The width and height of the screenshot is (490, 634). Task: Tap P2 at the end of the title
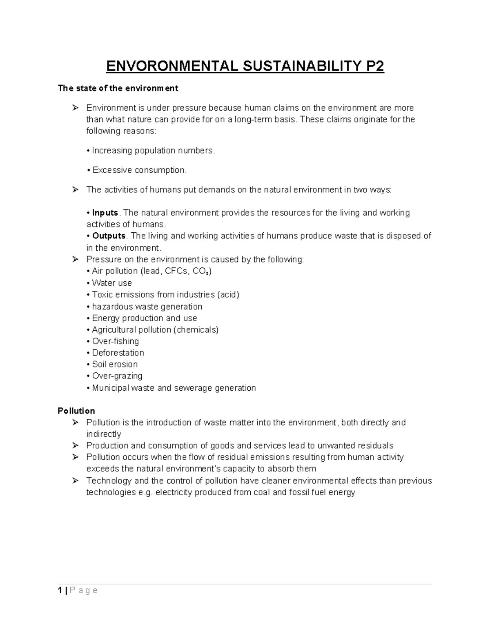coord(373,66)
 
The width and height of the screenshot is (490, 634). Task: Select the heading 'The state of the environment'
coord(118,88)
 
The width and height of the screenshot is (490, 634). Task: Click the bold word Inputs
coord(105,213)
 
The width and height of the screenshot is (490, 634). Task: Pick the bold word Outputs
coord(109,236)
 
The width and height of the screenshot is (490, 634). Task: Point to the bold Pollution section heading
coord(76,411)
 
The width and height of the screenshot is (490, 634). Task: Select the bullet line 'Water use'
coord(111,283)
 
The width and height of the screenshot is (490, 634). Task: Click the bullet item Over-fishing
coord(115,341)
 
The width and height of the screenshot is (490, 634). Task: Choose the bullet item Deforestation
coord(118,353)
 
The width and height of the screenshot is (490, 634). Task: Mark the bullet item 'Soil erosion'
coord(115,364)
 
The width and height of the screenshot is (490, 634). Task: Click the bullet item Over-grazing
coord(117,376)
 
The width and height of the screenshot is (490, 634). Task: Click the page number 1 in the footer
coord(60,591)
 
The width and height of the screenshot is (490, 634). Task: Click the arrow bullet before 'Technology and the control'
coord(75,481)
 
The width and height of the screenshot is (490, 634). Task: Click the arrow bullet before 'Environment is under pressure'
coord(75,108)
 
